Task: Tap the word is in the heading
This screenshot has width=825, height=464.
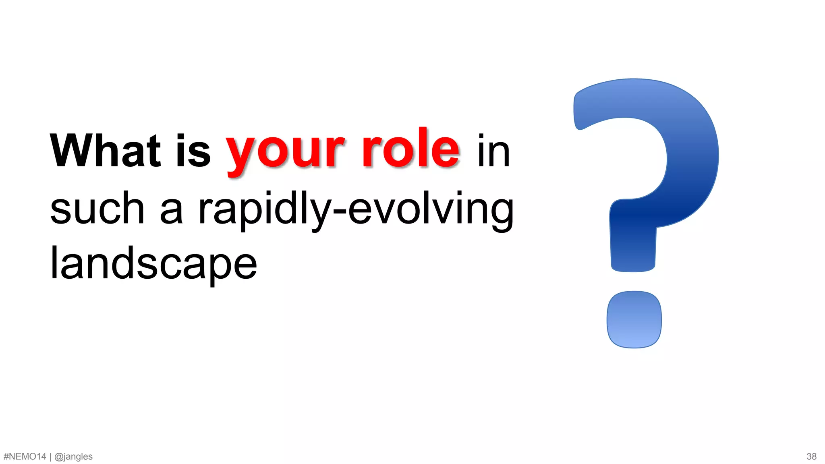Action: [x=193, y=151]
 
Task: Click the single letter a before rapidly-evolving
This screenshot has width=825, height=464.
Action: [x=172, y=211]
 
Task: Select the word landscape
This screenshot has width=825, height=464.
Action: [x=153, y=264]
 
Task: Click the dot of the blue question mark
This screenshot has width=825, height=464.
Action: [x=634, y=319]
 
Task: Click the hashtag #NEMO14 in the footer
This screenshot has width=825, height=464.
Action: [x=25, y=456]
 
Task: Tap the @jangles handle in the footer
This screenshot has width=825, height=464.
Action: [x=73, y=457]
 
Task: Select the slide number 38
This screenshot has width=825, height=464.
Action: [x=811, y=456]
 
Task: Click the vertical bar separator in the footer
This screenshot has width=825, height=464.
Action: [x=50, y=456]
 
